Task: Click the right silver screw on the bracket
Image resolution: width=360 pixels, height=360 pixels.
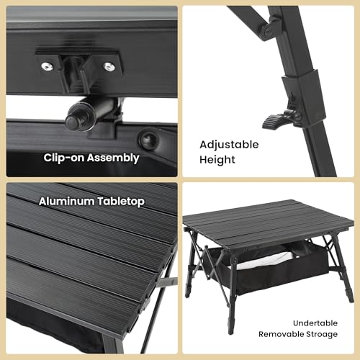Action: click(x=109, y=66)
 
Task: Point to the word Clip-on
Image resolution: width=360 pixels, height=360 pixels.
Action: click(x=66, y=158)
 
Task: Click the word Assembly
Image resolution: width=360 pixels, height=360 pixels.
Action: click(x=114, y=158)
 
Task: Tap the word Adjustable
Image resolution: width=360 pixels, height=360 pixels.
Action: click(x=229, y=144)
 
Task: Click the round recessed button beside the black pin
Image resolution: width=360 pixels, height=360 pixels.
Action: click(x=149, y=138)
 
